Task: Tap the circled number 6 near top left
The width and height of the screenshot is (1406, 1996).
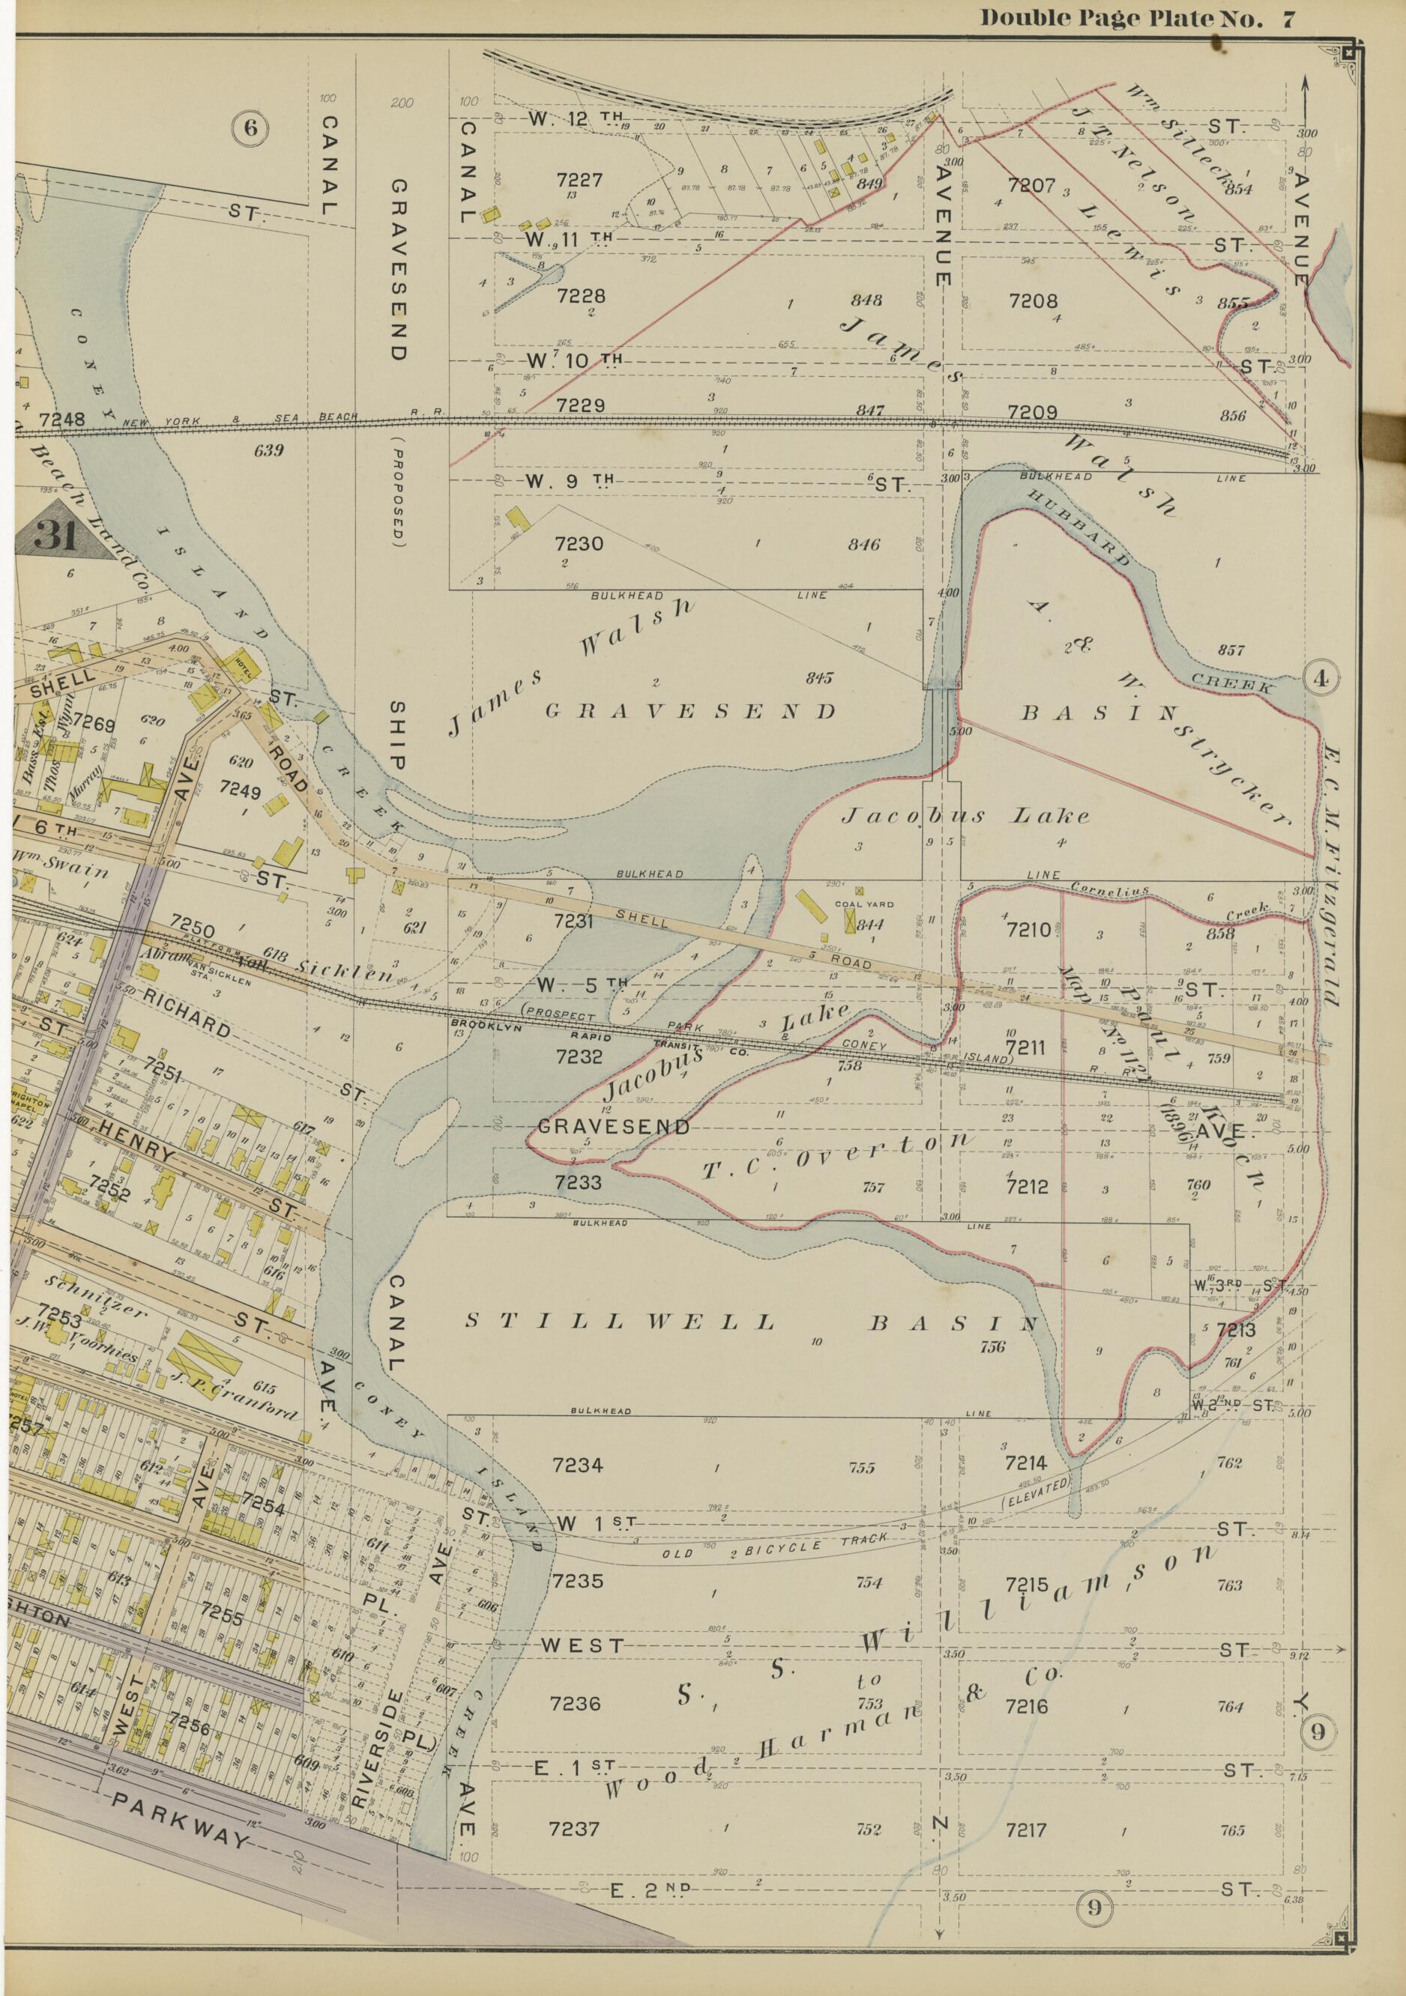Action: pos(250,129)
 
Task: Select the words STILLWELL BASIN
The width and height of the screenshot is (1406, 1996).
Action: pos(752,1323)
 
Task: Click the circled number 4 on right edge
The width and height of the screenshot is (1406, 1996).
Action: pos(1321,680)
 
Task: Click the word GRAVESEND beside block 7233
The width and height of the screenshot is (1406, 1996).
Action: pos(613,1127)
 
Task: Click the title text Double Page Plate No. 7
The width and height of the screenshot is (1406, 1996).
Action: pos(1138,19)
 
